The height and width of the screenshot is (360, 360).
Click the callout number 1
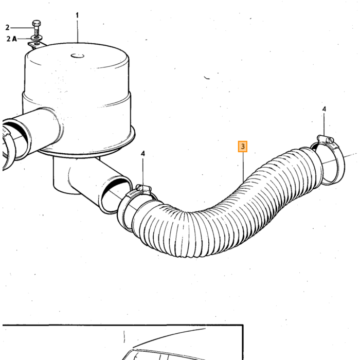pos(77,15)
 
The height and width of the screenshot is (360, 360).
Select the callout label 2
pos(7,28)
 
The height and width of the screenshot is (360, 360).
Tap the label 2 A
pos(11,39)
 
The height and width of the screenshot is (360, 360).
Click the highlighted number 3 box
pos(243,147)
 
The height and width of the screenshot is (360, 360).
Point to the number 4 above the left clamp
pos(143,154)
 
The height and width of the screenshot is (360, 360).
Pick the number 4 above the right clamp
pos(324,109)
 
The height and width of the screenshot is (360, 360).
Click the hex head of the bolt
pos(37,24)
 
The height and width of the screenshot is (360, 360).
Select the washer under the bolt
pos(37,38)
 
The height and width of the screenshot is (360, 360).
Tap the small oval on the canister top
pos(77,56)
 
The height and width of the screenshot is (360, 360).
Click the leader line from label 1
pos(77,31)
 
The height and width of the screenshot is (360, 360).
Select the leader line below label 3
pos(243,167)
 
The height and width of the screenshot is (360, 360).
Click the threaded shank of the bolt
pos(37,31)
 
